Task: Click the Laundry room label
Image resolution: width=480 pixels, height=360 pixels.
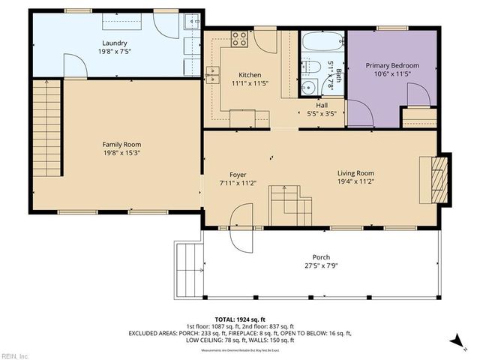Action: click(x=115, y=43)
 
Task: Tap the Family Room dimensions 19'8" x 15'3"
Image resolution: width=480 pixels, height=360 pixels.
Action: click(x=121, y=153)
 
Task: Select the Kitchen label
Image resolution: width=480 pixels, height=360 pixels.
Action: click(x=250, y=75)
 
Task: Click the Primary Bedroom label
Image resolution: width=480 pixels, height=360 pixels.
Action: click(x=392, y=66)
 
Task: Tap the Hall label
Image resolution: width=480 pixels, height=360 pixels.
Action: click(x=322, y=105)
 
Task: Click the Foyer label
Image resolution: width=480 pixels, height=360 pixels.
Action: click(x=238, y=174)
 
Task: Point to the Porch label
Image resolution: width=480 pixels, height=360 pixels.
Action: click(x=320, y=257)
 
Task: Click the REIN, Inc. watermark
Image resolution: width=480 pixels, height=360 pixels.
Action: click(x=15, y=355)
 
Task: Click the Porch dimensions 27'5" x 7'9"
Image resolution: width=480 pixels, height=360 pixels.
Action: click(x=320, y=266)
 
